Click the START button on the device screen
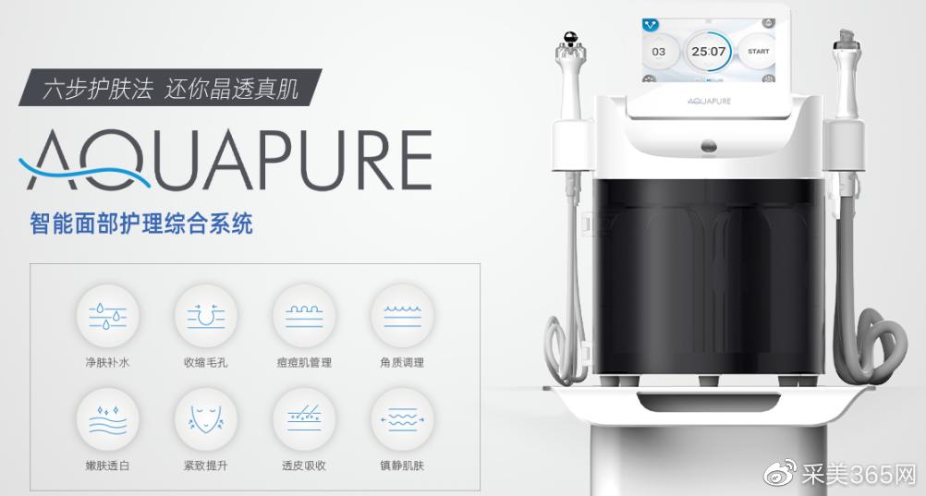tap(758, 52)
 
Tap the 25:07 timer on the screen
tap(708, 52)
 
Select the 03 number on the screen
tap(659, 52)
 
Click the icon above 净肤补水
tap(107, 316)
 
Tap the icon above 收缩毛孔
tap(205, 316)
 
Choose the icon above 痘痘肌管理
tap(303, 316)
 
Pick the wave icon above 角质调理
tap(402, 316)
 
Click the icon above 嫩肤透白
tap(107, 419)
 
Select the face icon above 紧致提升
tap(205, 419)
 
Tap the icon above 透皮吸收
tap(303, 419)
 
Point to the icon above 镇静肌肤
tap(402, 419)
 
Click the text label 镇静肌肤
tap(402, 466)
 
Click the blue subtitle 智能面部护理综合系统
tap(141, 224)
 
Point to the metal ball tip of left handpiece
tap(570, 38)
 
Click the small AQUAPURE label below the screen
tap(709, 101)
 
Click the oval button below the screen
tap(709, 146)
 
